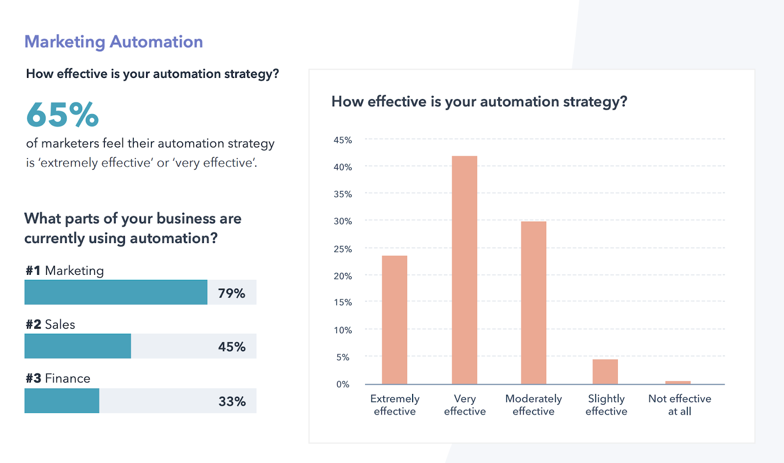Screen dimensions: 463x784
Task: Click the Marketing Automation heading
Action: click(114, 42)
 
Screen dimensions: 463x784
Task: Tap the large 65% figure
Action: click(63, 115)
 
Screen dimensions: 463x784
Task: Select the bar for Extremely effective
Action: click(394, 319)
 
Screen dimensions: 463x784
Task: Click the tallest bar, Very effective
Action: click(464, 269)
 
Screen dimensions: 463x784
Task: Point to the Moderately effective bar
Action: click(534, 302)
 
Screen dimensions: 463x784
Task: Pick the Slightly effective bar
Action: click(605, 371)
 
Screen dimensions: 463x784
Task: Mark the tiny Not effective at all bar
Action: click(678, 382)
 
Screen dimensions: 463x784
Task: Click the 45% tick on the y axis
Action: click(343, 140)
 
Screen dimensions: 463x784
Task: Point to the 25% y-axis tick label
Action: click(343, 249)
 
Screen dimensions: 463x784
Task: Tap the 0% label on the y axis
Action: click(343, 384)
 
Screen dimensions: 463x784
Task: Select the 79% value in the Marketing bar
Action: click(231, 293)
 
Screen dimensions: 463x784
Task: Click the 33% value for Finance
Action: click(232, 401)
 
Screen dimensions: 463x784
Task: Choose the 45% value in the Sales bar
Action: click(232, 347)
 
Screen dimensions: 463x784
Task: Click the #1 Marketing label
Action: click(65, 270)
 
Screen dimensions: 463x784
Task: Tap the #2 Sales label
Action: click(50, 324)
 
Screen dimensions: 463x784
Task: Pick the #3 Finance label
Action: click(58, 378)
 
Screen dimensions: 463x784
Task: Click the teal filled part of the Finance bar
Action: click(62, 401)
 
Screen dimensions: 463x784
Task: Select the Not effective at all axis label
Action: click(680, 405)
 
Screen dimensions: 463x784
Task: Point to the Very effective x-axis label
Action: click(465, 405)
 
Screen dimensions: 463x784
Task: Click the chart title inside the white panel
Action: click(479, 101)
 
